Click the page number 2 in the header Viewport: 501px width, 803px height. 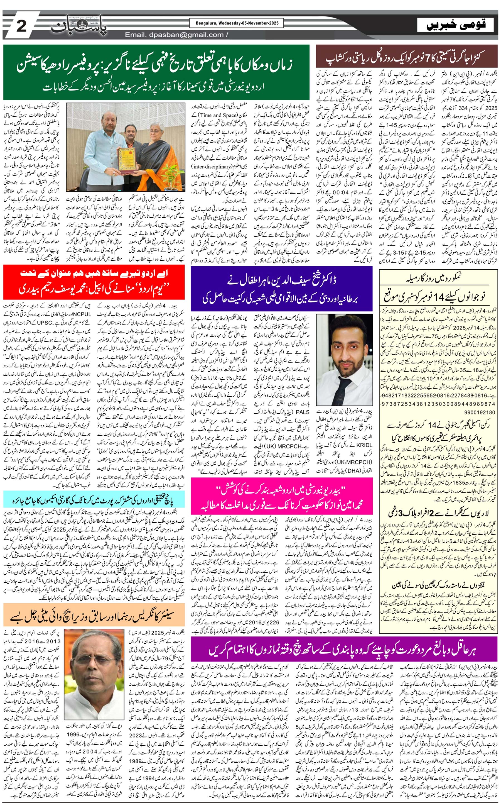point(21,26)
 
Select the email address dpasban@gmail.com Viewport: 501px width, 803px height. point(174,35)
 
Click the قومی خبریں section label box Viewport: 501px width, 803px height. point(456,25)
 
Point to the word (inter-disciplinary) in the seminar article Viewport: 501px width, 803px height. point(211,167)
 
